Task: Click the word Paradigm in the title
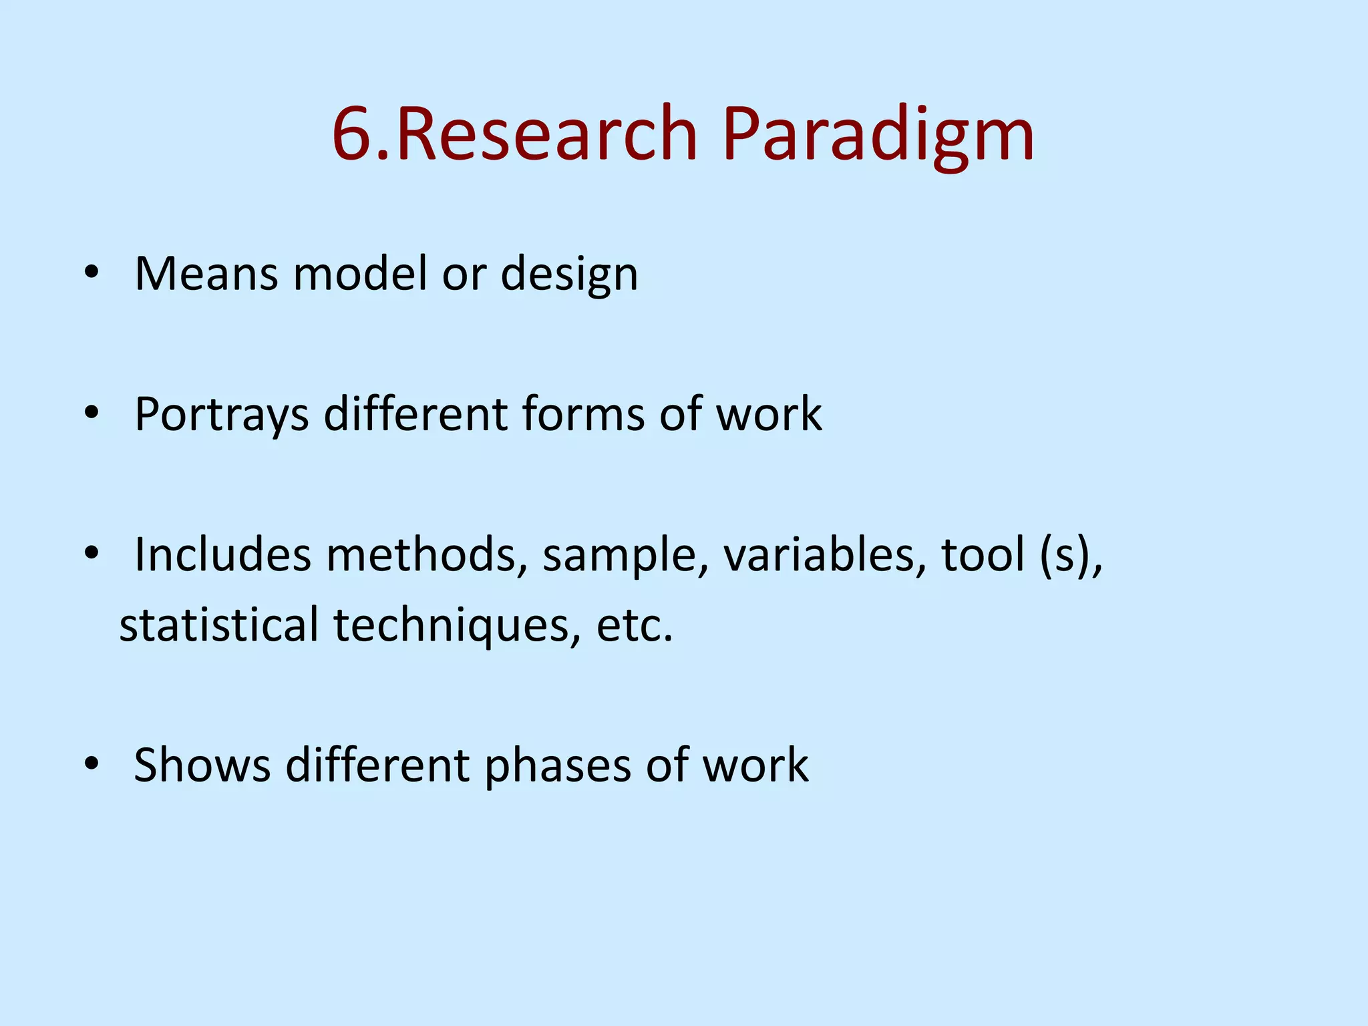[x=878, y=137]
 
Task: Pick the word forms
[x=584, y=414]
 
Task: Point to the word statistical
[x=219, y=625]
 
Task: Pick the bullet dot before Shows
[x=92, y=763]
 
